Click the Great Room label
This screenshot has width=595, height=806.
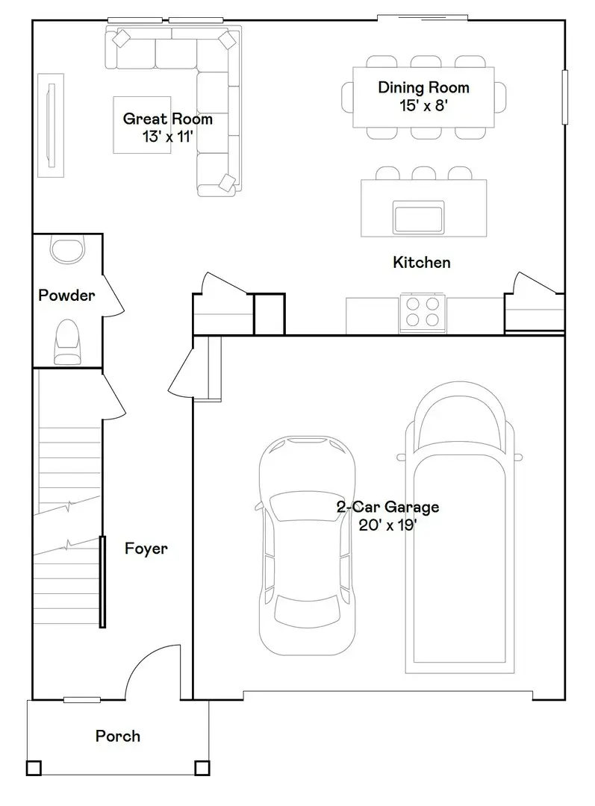click(167, 119)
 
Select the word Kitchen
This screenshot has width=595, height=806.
click(422, 262)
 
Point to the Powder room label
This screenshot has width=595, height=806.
click(66, 296)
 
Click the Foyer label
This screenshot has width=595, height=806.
click(146, 549)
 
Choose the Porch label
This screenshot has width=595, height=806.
click(117, 737)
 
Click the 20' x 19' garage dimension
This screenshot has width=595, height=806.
click(387, 525)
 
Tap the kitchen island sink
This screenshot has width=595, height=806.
click(419, 217)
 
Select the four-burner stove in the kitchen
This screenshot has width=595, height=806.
click(423, 313)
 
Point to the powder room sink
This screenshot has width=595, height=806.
click(69, 249)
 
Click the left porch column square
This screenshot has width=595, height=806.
click(34, 767)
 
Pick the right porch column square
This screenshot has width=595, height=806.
click(202, 767)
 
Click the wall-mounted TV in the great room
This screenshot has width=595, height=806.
click(52, 125)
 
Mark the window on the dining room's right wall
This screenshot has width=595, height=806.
click(565, 97)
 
